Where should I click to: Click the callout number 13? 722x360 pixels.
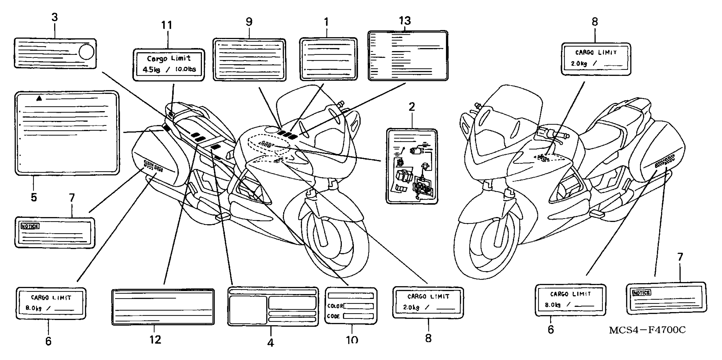click(x=405, y=21)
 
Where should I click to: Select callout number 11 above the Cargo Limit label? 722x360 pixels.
click(x=167, y=25)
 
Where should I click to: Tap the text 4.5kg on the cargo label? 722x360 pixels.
click(x=151, y=69)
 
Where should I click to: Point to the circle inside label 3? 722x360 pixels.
click(x=86, y=52)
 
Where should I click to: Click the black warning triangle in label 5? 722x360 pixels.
click(x=39, y=98)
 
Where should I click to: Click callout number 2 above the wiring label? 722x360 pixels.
click(x=412, y=107)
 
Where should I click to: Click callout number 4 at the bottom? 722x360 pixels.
click(x=270, y=342)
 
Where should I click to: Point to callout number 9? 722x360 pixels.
click(x=249, y=22)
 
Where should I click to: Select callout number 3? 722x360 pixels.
click(x=54, y=17)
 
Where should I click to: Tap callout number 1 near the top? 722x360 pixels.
click(x=326, y=22)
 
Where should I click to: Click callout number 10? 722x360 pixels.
click(x=352, y=340)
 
